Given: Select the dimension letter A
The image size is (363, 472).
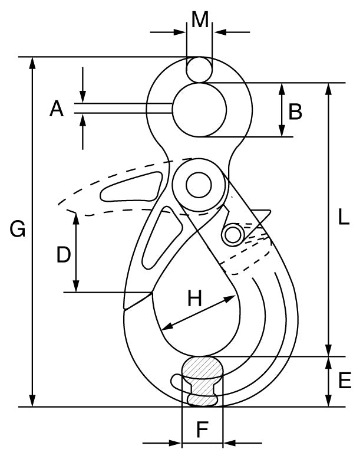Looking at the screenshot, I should point(56,109).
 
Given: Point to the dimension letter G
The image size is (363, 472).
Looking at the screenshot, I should point(18,229).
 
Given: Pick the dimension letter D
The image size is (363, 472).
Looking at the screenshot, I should point(63,254).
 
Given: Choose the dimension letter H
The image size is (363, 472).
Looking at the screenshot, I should point(195,299).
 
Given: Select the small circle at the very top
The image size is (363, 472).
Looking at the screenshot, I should point(199,69).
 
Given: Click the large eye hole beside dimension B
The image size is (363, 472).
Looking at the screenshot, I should point(199,110).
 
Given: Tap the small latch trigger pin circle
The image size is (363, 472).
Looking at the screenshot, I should point(233,235).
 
